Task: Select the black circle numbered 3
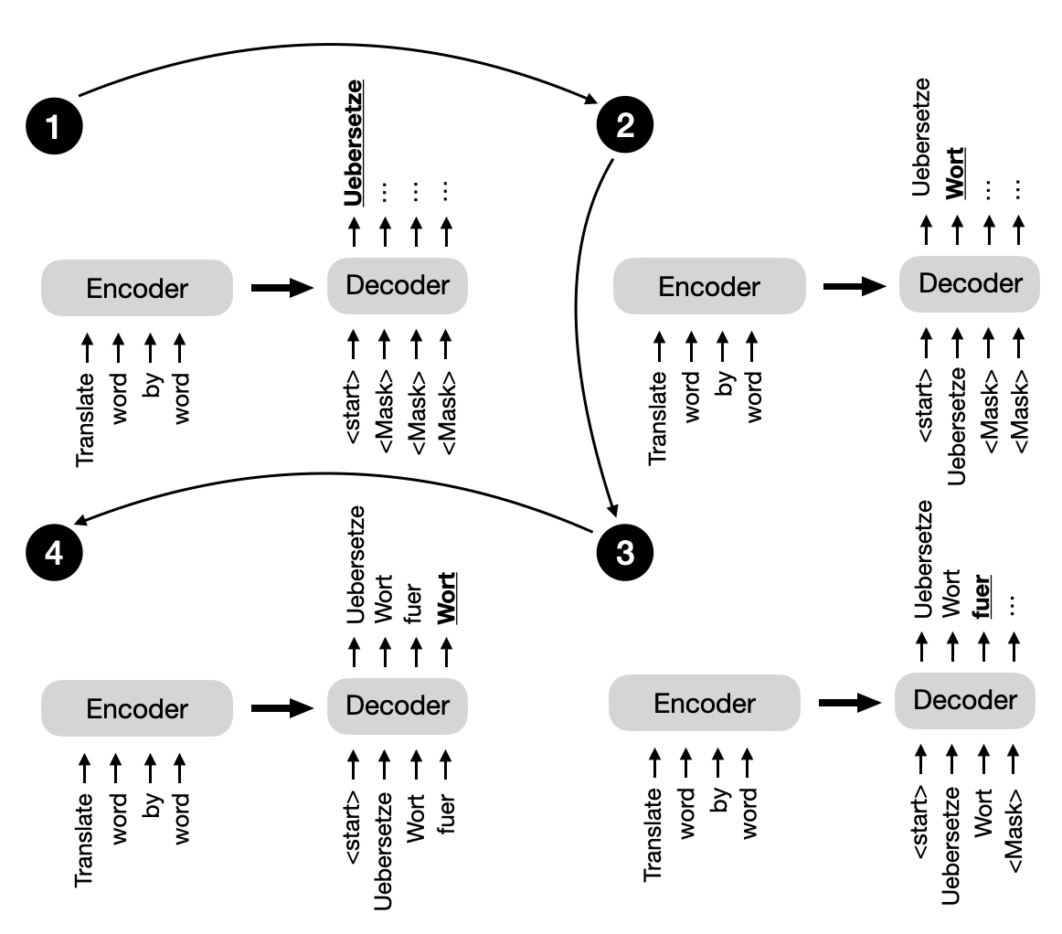pyautogui.click(x=625, y=554)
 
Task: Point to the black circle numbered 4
pyautogui.click(x=54, y=554)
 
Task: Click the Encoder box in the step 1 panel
pyautogui.click(x=137, y=289)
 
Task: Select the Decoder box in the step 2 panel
pyautogui.click(x=969, y=284)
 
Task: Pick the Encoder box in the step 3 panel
pyautogui.click(x=705, y=704)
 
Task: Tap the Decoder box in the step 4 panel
pyautogui.click(x=398, y=706)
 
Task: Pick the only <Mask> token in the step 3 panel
pyautogui.click(x=1013, y=826)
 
